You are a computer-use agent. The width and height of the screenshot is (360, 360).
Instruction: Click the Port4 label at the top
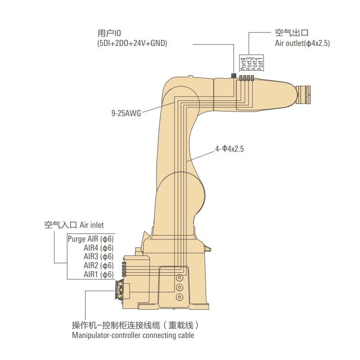(243, 63)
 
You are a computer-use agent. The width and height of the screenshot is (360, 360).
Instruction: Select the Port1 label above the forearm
(260, 63)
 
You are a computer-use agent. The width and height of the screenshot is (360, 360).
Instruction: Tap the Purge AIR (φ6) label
(90, 239)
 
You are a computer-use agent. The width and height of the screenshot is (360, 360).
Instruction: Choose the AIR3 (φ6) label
(99, 256)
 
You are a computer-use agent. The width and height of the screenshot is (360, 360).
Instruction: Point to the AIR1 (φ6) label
(99, 274)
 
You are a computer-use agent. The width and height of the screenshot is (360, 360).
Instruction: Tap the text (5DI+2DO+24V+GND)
(132, 44)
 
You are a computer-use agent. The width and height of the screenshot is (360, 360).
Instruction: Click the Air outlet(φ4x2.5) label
(302, 44)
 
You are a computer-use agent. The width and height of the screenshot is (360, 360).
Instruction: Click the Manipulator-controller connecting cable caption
(133, 335)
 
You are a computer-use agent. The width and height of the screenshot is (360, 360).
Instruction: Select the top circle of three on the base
(180, 278)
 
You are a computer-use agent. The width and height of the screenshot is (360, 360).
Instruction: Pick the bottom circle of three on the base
(180, 297)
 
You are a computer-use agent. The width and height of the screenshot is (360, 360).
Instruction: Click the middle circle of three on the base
(180, 288)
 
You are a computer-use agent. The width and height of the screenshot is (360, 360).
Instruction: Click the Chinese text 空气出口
(291, 33)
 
